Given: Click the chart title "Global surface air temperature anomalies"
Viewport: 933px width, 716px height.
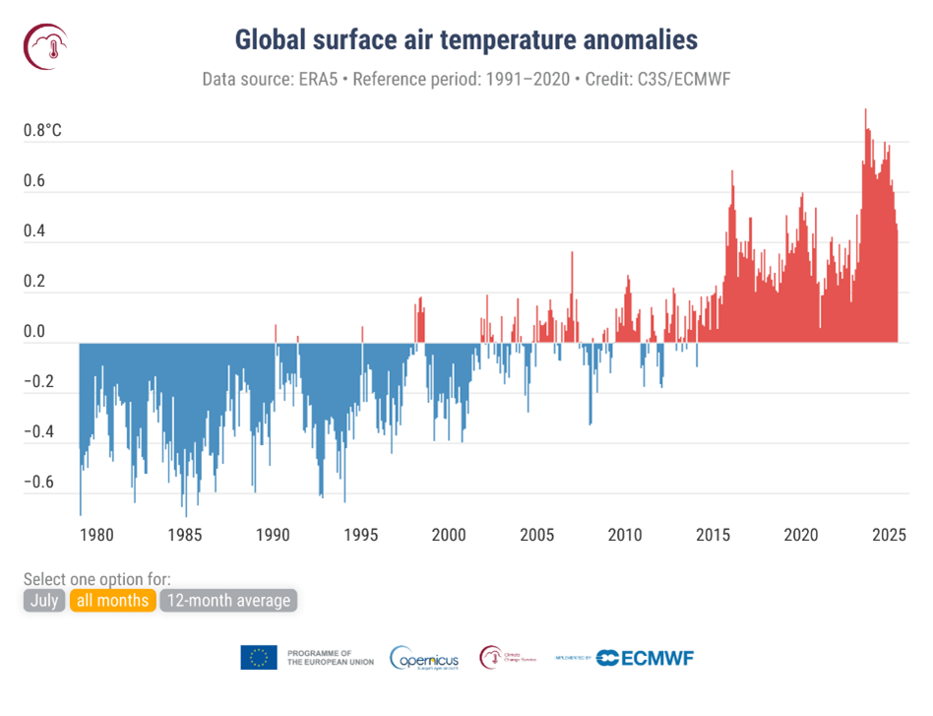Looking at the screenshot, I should pyautogui.click(x=466, y=39).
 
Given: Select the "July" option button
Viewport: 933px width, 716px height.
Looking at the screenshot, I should pyautogui.click(x=42, y=600).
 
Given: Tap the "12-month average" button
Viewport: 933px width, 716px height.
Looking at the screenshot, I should pyautogui.click(x=228, y=600).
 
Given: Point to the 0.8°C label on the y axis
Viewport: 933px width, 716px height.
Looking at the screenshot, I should pyautogui.click(x=43, y=131).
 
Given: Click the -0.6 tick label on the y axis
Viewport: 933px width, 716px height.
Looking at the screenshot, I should pyautogui.click(x=43, y=483).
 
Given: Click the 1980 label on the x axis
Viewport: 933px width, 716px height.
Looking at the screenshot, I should pyautogui.click(x=96, y=535).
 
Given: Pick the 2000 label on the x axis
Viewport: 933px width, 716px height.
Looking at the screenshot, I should pyautogui.click(x=449, y=535).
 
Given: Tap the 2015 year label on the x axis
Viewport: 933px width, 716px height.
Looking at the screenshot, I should pyautogui.click(x=713, y=535).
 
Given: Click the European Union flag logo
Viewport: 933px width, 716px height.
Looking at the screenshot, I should pyautogui.click(x=259, y=658).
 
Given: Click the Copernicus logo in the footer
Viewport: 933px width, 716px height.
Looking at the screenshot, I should pyautogui.click(x=424, y=658).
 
